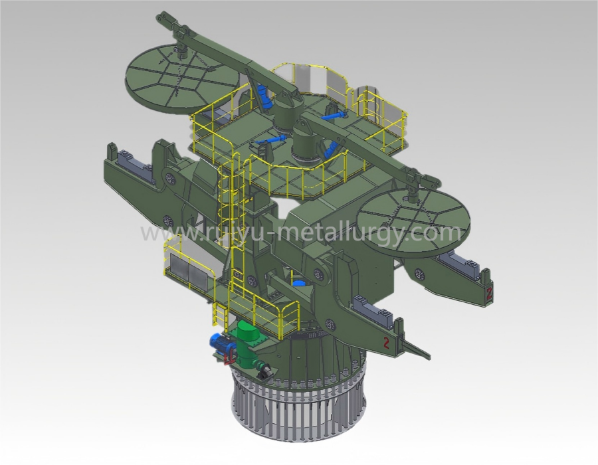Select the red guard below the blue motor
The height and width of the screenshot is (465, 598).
point(230,357)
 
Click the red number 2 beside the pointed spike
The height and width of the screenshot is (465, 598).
point(386,343)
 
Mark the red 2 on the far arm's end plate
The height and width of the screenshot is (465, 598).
point(489,293)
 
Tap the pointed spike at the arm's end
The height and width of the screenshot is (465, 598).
point(417,347)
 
